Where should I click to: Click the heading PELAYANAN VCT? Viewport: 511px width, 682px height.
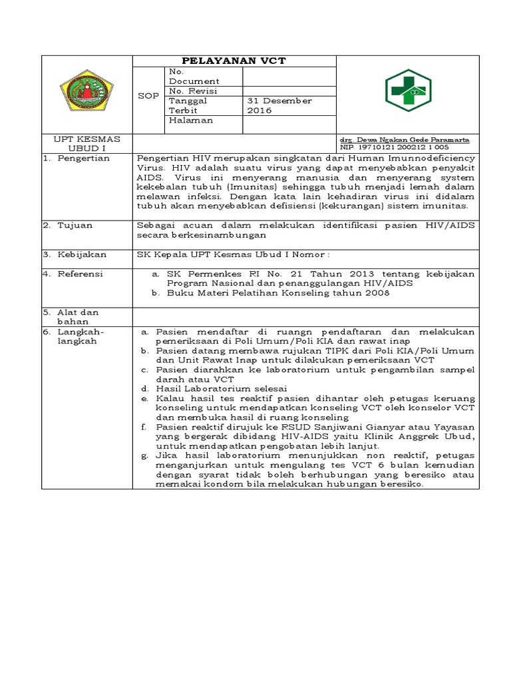pyautogui.click(x=234, y=61)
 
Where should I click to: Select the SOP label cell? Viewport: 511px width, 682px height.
pyautogui.click(x=148, y=96)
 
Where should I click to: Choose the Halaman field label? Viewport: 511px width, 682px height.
pyautogui.click(x=191, y=121)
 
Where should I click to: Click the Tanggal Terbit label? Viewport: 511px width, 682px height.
pyautogui.click(x=188, y=105)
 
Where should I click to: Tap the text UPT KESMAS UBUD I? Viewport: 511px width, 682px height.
pyautogui.click(x=86, y=143)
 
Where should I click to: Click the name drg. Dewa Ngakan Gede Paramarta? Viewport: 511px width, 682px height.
pyautogui.click(x=405, y=140)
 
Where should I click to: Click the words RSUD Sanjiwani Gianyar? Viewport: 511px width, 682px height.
pyautogui.click(x=315, y=426)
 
